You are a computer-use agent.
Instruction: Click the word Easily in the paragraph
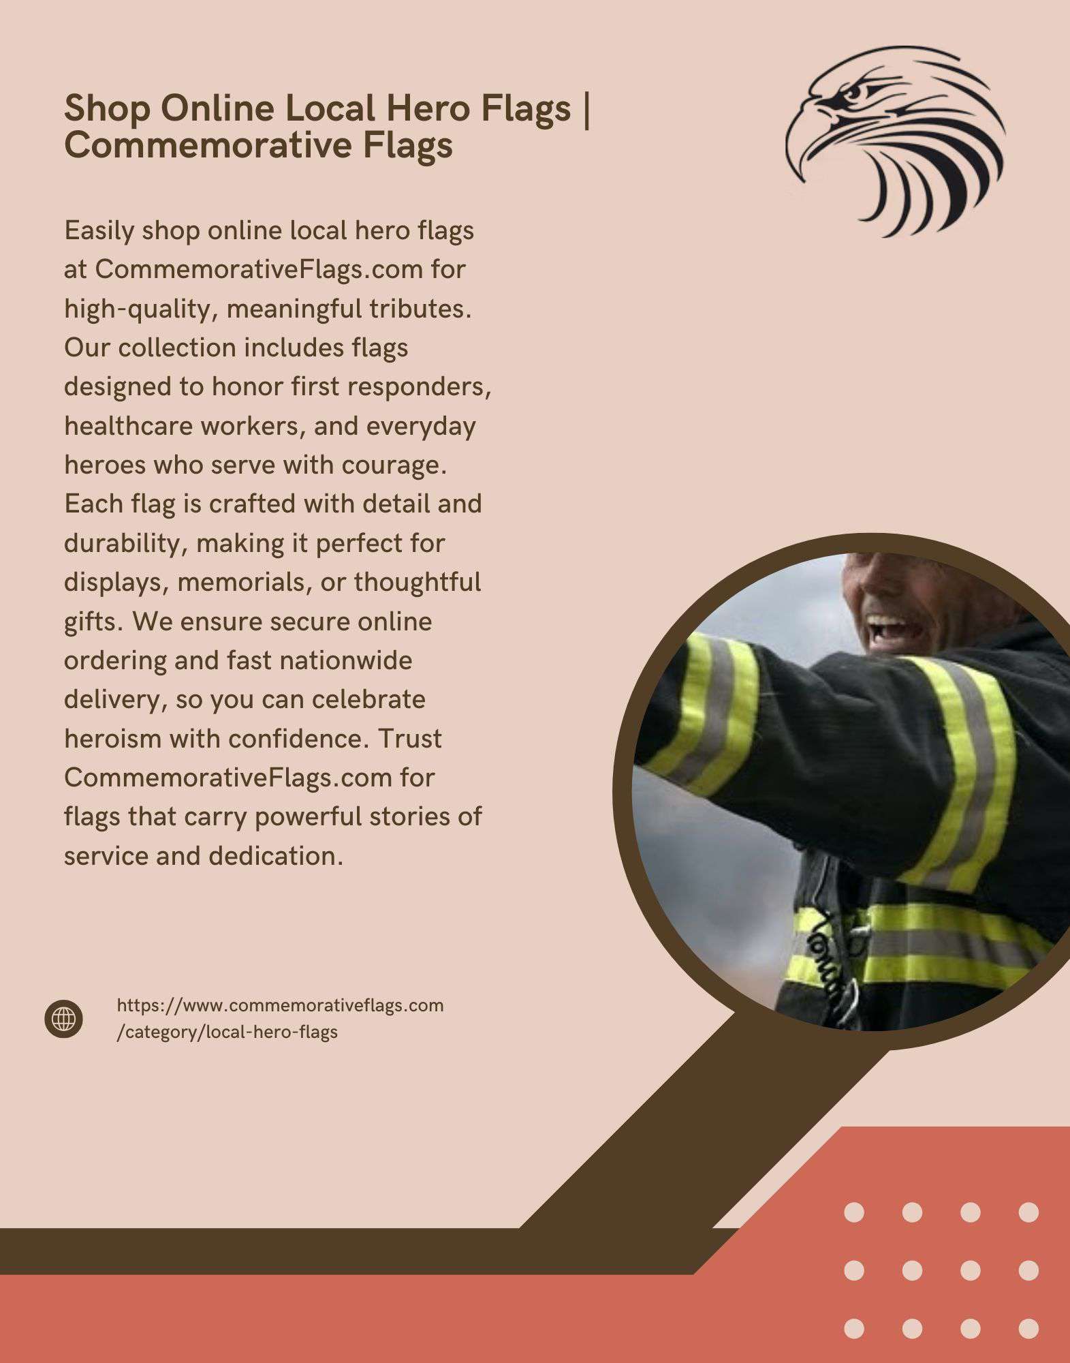click(x=99, y=231)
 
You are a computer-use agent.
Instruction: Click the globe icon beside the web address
click(x=64, y=1020)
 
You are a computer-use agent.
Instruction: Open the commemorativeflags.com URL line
click(x=280, y=1005)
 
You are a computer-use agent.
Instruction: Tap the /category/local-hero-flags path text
click(x=227, y=1032)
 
